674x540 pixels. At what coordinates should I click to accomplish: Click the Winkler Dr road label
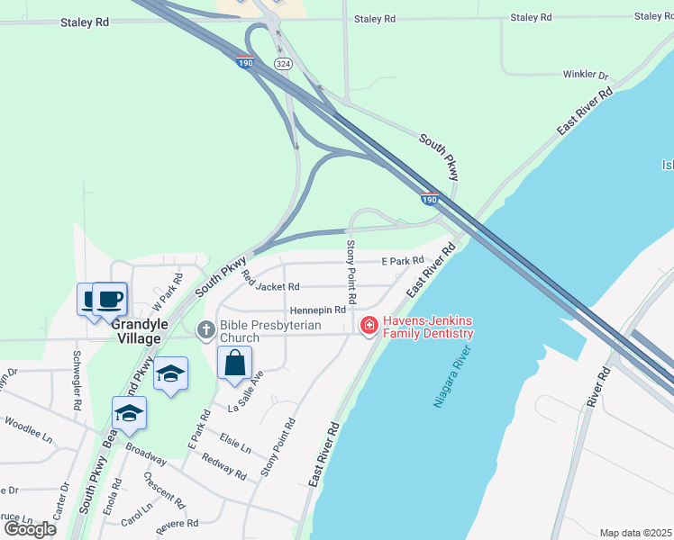586,75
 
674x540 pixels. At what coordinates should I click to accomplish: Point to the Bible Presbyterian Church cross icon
205,329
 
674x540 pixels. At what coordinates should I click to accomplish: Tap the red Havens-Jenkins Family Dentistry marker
368,326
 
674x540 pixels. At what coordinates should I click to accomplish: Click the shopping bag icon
235,364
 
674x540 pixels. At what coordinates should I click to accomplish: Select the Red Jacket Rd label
270,286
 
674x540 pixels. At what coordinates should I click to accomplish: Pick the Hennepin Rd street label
318,310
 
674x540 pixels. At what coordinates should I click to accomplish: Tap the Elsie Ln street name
234,443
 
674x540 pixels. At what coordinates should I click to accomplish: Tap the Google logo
31,528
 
